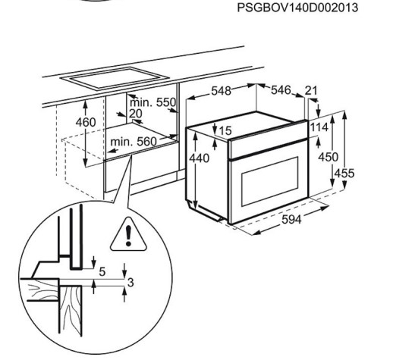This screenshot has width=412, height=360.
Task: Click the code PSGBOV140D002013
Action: coord(297,8)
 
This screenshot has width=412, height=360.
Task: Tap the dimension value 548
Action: coord(222,91)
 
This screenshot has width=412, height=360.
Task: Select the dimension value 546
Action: coord(281,90)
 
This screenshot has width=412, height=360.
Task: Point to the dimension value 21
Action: coord(311,90)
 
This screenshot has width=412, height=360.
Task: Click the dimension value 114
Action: coord(319,127)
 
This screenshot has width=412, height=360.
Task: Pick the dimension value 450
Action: coord(328,157)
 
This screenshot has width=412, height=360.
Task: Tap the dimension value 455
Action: coord(344,174)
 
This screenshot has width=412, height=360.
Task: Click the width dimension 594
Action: coord(291,219)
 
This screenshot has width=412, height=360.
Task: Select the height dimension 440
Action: coord(200,158)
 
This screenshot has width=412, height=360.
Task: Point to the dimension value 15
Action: coord(225,130)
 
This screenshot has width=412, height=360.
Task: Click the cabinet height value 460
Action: coord(86,122)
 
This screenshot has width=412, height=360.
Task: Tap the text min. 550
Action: coord(153,102)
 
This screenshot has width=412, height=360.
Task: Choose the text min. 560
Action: coord(134,142)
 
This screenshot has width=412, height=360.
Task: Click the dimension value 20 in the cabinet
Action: coord(136,114)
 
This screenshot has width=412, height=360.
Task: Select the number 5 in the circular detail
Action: coord(102,272)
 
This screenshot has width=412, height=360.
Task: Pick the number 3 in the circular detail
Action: coord(131,283)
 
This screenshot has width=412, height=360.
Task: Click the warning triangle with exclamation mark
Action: coord(128,234)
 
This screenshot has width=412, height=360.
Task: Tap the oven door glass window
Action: coord(270,181)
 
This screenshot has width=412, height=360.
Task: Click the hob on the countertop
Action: coord(115,78)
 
